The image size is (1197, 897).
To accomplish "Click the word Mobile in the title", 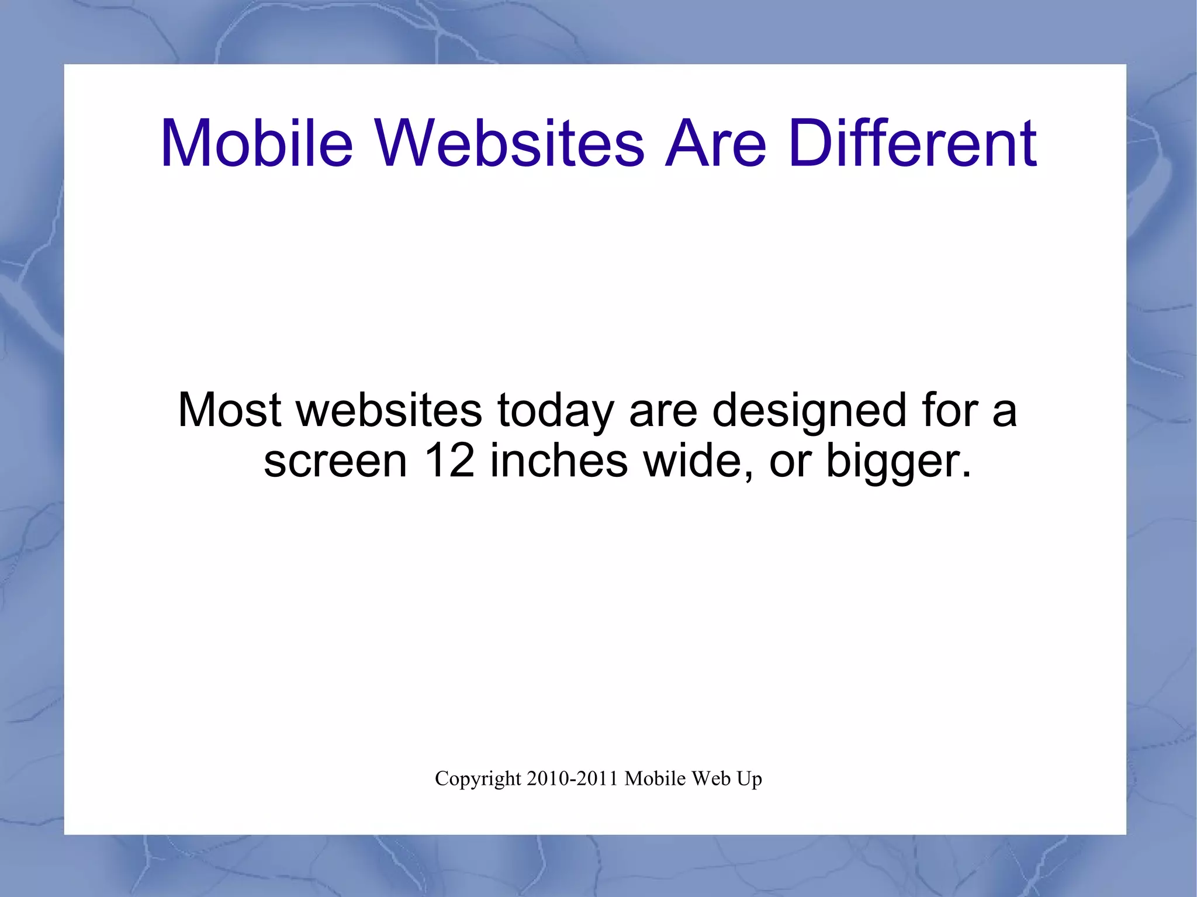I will coord(257,143).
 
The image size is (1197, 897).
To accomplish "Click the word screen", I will coord(335,462).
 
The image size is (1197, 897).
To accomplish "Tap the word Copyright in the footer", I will coord(478,779).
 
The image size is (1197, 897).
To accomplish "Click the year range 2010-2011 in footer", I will coord(572,778).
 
